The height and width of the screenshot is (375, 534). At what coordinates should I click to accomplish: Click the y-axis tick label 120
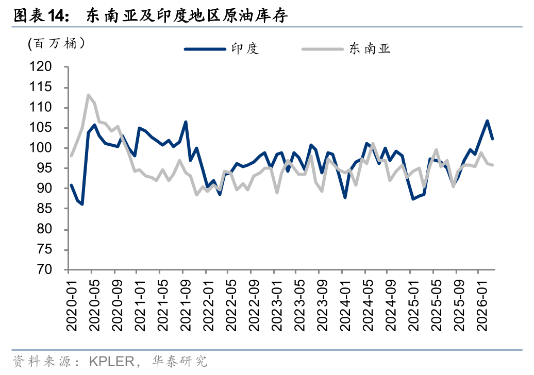(41, 67)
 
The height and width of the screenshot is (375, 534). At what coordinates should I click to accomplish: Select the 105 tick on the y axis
(41, 128)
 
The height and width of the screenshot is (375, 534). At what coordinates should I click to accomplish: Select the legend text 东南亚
(369, 49)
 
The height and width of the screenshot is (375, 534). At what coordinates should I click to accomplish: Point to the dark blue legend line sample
(205, 49)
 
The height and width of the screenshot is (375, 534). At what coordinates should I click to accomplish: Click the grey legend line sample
(323, 49)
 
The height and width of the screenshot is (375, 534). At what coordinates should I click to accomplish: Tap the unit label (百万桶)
(56, 43)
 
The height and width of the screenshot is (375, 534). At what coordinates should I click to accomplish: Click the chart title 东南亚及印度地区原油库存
(187, 16)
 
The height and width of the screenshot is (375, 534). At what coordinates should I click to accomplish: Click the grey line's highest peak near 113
(88, 95)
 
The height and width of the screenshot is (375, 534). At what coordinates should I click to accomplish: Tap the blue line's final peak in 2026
(487, 121)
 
